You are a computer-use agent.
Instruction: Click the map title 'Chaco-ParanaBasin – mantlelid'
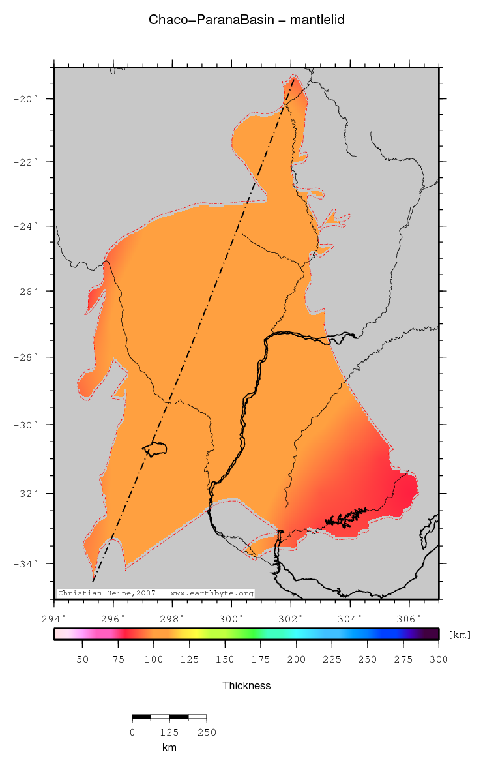[246, 20]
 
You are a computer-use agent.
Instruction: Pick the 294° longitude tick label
[54, 618]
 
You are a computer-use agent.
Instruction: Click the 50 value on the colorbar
[83, 659]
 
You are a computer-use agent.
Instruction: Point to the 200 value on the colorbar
[297, 659]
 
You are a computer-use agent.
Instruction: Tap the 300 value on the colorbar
[439, 659]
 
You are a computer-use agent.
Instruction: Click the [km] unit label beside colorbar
[460, 635]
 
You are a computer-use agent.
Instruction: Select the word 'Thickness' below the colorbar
[246, 685]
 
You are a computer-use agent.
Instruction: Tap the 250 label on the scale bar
[207, 732]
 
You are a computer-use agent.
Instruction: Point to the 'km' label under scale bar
[169, 747]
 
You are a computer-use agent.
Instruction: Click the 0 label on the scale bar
[132, 732]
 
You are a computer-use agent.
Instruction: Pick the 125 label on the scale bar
[169, 732]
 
